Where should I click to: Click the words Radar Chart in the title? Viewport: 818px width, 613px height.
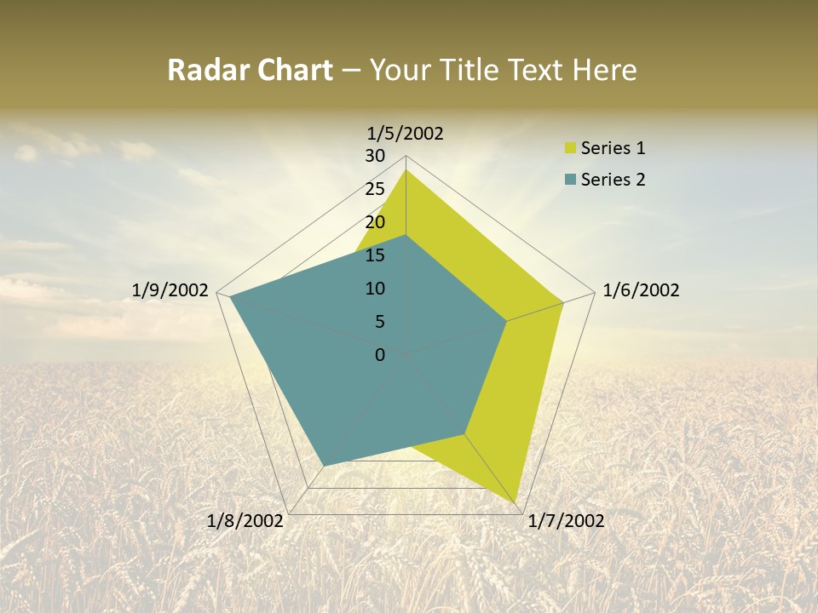[250, 70]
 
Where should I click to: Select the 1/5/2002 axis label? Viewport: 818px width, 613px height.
[406, 133]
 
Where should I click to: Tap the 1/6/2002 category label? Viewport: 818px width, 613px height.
[641, 290]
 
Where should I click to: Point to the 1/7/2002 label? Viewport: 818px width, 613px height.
[566, 521]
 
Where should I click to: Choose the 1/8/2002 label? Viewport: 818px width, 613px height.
[245, 521]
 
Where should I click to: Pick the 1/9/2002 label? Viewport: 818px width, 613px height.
[170, 290]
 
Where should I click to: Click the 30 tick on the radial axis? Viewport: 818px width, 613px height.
[375, 156]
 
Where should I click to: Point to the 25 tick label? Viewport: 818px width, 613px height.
[375, 189]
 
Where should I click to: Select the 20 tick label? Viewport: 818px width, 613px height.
[375, 222]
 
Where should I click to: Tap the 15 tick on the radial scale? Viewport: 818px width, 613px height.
[375, 255]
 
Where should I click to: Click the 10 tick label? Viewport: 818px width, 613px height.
[375, 289]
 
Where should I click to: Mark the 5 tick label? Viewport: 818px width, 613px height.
[379, 322]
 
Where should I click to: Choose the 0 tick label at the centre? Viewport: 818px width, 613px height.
[380, 355]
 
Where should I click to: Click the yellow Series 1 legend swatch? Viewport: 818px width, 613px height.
[570, 148]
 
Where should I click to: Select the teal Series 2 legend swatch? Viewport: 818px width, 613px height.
[570, 179]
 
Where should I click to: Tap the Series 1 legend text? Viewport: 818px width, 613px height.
[613, 148]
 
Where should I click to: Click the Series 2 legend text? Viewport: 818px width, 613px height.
[613, 179]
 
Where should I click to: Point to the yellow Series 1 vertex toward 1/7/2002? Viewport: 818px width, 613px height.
[516, 502]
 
